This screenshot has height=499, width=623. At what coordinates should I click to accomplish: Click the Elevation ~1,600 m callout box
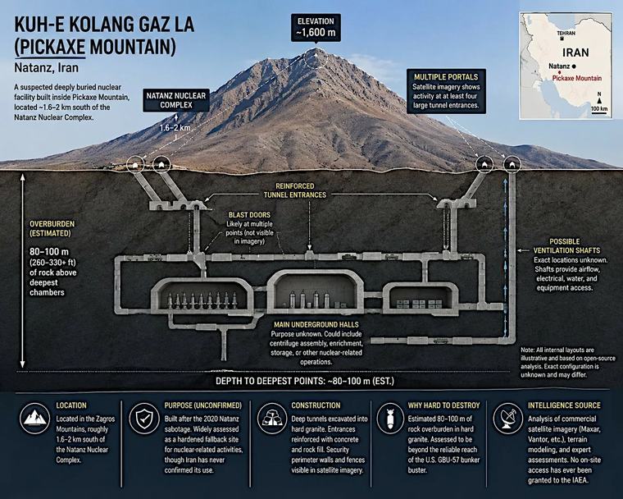tap(316, 27)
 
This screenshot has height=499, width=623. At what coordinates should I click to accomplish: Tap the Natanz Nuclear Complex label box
tap(176, 100)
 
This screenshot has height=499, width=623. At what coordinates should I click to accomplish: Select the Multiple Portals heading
tap(446, 77)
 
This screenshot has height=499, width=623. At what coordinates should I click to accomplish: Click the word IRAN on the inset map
tap(575, 53)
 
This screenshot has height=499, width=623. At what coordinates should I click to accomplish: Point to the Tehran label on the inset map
tap(566, 34)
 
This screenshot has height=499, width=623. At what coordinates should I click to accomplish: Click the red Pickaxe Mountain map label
tap(577, 79)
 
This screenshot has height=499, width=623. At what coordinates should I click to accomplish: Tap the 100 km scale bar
tap(599, 113)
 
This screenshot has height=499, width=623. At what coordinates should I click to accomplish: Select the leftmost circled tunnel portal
tap(135, 164)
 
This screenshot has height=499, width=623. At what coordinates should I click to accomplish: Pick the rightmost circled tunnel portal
tap(512, 164)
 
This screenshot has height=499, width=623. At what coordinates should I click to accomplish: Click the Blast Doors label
tap(249, 215)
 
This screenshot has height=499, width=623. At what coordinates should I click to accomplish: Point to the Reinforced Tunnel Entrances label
tap(295, 190)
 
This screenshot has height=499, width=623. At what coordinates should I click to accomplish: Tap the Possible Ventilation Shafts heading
tap(566, 246)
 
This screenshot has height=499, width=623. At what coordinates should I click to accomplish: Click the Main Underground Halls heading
tap(316, 324)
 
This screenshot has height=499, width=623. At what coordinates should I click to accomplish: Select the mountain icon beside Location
tap(36, 418)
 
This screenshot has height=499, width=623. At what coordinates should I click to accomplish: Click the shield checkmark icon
tap(144, 418)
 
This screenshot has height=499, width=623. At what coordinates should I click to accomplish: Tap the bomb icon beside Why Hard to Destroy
tap(390, 418)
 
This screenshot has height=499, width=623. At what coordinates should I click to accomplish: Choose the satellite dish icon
tap(508, 418)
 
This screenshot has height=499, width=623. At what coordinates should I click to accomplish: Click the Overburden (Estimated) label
tap(52, 228)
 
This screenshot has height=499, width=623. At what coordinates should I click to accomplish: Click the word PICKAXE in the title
tap(52, 48)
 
